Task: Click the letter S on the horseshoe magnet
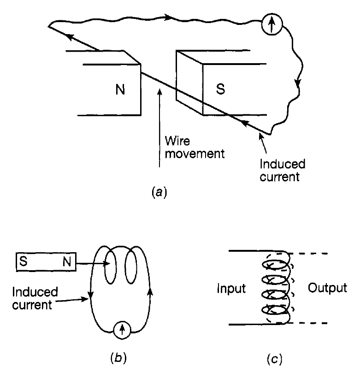[221, 89]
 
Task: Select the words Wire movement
[194, 147]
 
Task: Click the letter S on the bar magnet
[22, 262]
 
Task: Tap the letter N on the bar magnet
[68, 262]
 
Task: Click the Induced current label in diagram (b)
[35, 298]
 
